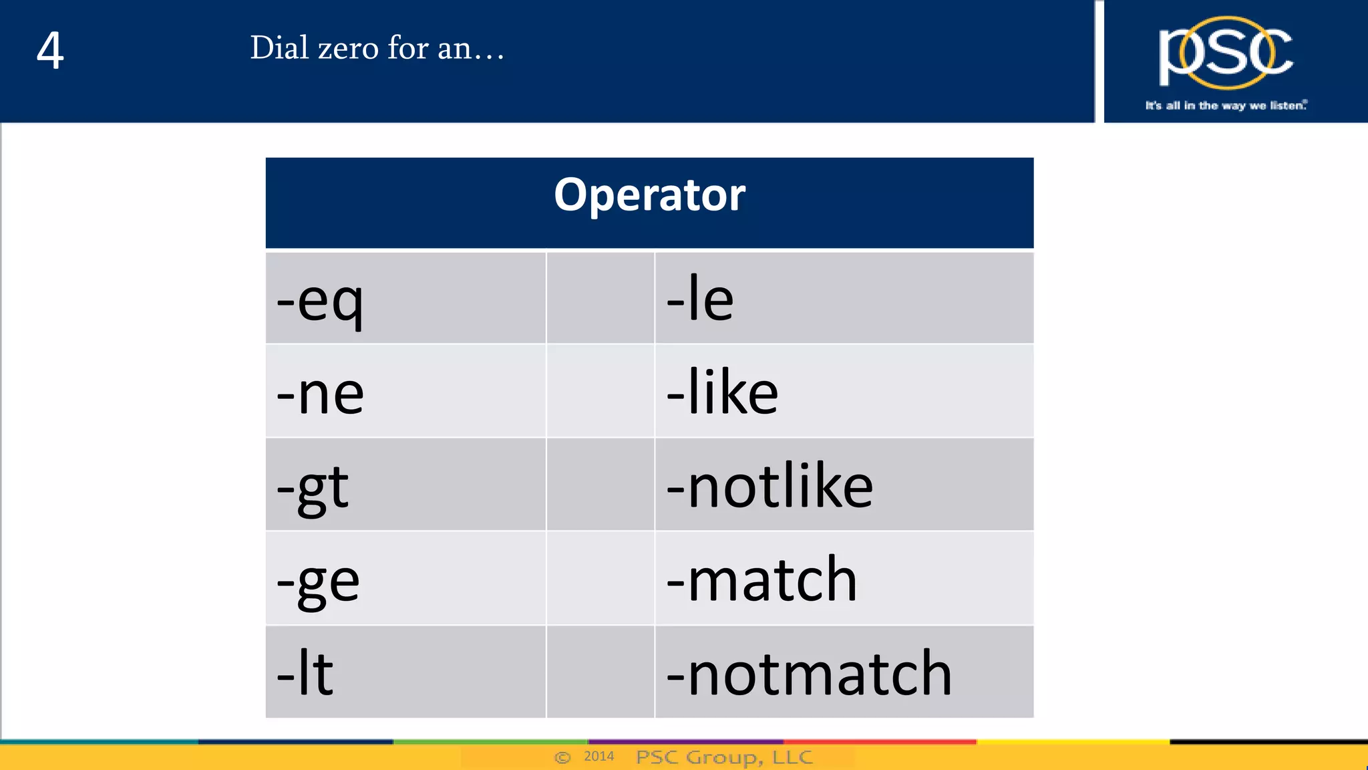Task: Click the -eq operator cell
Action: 320,300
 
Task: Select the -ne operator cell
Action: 320,393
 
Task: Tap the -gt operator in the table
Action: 313,487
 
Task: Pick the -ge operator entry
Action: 318,580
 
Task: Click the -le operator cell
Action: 700,299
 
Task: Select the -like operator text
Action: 722,392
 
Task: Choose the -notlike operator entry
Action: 769,486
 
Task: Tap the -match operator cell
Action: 761,580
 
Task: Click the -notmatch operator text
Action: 809,674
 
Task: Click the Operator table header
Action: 649,195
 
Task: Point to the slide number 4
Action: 50,51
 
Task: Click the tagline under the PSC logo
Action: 1226,106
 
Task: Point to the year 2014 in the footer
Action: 598,756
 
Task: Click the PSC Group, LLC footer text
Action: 724,757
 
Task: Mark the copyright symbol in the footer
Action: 563,757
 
